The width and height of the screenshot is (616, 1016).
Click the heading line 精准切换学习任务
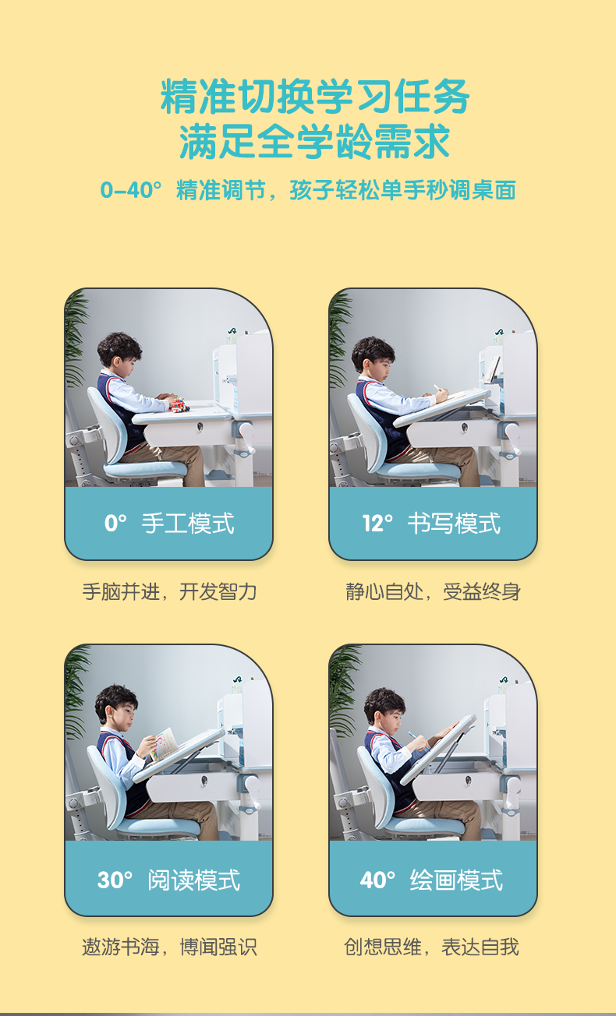pos(315,97)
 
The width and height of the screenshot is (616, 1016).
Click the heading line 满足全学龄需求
pos(315,142)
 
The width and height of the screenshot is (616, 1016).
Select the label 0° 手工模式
pos(169,523)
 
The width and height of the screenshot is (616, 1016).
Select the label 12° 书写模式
pos(432,523)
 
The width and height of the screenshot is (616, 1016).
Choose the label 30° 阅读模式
pos(169,880)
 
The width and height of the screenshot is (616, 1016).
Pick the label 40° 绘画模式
pos(432,880)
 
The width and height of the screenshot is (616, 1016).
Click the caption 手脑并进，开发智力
pos(169,591)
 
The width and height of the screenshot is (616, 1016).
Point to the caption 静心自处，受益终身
pos(433,591)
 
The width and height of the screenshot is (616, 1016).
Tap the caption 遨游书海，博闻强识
pos(169,947)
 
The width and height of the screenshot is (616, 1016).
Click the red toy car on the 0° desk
pos(179,404)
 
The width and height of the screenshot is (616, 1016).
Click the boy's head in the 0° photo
pos(119,355)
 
